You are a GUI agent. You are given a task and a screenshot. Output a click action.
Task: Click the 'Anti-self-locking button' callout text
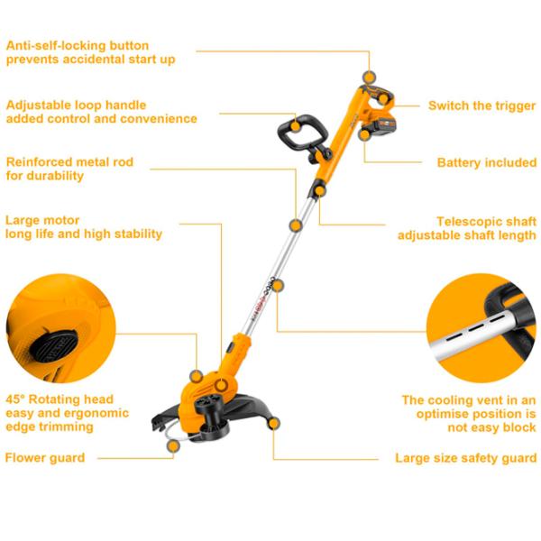point(78,46)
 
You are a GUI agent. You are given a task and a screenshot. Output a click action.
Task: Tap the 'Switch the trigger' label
point(482,105)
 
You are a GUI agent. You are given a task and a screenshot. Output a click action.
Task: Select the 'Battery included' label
point(487,162)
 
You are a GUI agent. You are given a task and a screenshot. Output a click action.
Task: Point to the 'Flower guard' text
point(45,458)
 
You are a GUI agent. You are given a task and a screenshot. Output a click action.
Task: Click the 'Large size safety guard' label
point(466,458)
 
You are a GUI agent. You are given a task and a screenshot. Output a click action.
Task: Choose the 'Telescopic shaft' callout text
point(487,221)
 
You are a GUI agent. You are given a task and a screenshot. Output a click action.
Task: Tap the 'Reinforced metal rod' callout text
point(69,161)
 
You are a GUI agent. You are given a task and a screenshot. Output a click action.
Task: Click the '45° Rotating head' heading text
point(60,399)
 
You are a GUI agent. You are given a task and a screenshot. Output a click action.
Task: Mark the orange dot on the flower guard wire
point(173,445)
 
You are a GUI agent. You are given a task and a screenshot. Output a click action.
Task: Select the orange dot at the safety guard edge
point(273,424)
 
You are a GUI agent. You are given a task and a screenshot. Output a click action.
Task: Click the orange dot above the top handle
point(369,77)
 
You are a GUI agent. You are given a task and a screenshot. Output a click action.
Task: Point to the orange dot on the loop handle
point(295,126)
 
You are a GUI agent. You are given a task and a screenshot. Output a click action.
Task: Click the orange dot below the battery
point(364,135)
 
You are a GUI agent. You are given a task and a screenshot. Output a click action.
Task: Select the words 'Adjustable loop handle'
point(77,105)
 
